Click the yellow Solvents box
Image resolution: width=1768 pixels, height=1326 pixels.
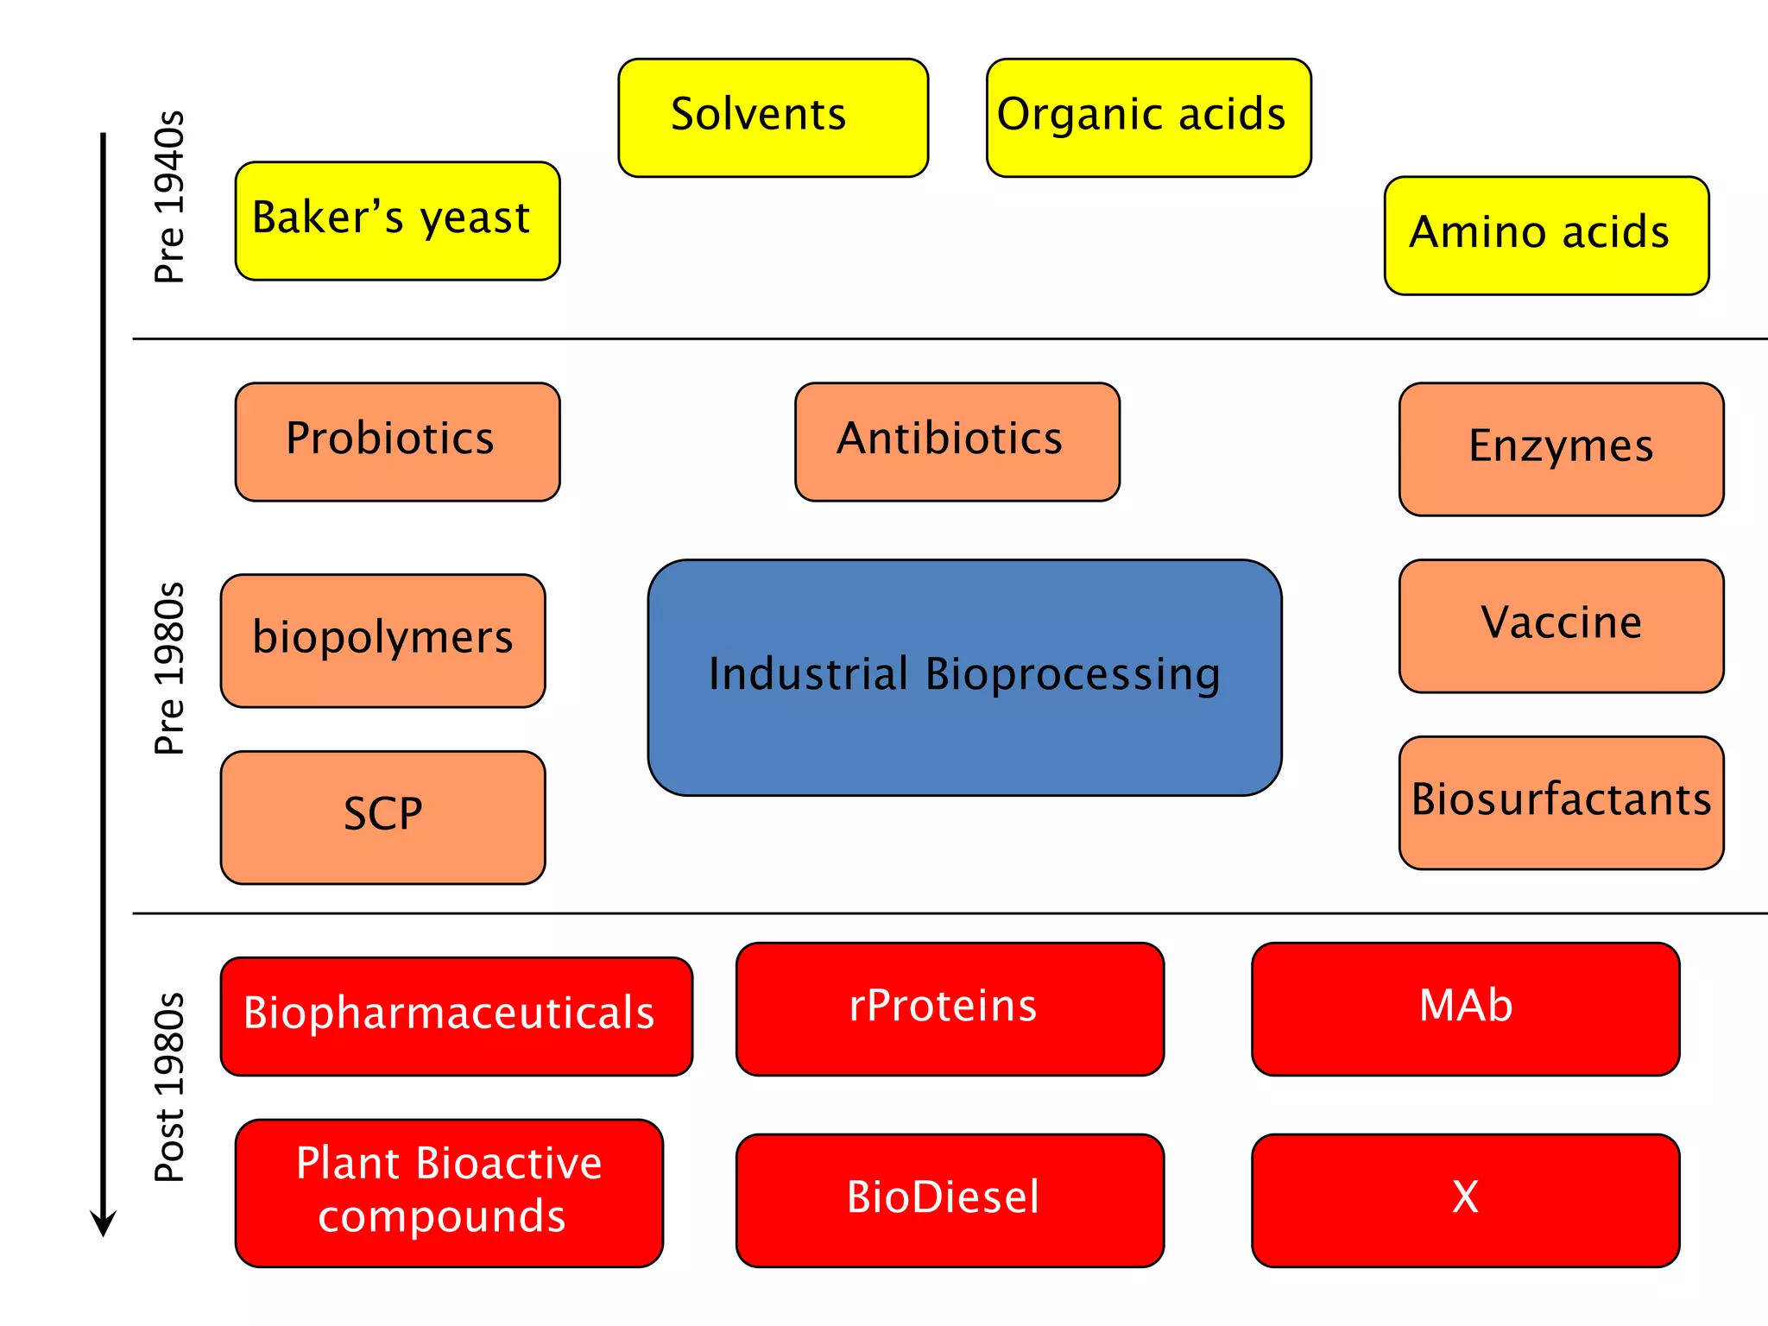coord(773,117)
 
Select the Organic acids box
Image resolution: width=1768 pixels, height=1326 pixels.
coord(1148,117)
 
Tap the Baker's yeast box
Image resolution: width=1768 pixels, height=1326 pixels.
coord(397,220)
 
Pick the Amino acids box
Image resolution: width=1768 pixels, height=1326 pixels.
coord(1546,236)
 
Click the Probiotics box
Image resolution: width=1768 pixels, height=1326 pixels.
coord(397,441)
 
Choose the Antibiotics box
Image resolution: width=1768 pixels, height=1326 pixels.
coord(957,441)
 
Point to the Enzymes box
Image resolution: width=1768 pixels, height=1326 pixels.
coord(1561,449)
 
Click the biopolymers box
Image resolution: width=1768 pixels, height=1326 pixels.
coord(382,641)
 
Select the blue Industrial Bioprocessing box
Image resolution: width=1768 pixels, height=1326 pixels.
coord(964,677)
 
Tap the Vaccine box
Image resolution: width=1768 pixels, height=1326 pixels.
coord(1561,626)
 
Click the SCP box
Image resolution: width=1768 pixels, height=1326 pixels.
coord(382,817)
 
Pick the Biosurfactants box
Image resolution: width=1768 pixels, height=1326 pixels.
coord(1561,802)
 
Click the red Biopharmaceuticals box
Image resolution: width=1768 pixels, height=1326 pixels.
coord(456,1016)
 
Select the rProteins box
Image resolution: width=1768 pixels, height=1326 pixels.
coord(950,1008)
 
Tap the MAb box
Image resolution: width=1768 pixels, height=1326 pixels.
coord(1465,1008)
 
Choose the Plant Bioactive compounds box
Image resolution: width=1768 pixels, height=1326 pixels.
coord(449,1192)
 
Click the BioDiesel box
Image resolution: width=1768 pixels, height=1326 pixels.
coord(950,1200)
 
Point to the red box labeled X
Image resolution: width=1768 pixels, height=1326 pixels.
coord(1465,1200)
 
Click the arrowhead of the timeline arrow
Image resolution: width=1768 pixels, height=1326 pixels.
coord(103,1224)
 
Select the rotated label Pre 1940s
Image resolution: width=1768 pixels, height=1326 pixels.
coord(169,197)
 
